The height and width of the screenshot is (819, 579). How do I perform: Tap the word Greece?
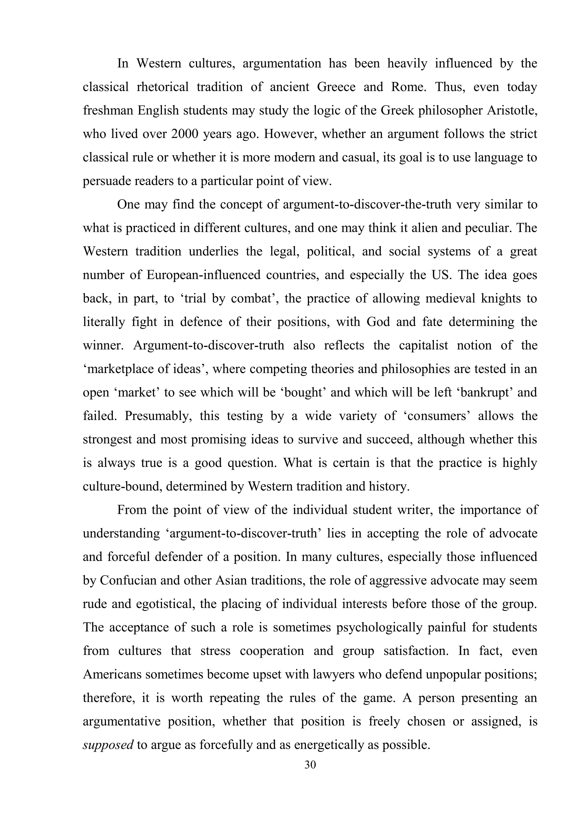[x=336, y=87]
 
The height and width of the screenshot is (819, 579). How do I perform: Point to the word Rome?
[x=408, y=87]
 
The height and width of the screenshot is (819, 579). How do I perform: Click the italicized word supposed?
[x=108, y=745]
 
